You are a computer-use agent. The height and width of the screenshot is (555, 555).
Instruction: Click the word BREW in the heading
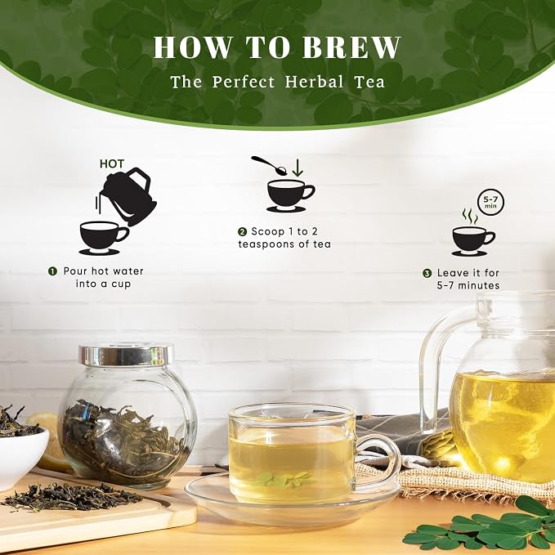(x=351, y=47)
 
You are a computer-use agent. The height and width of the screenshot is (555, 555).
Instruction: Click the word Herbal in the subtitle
(x=315, y=82)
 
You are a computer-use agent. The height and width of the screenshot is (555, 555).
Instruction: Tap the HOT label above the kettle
(x=112, y=163)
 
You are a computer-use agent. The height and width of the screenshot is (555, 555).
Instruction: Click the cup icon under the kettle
(x=103, y=237)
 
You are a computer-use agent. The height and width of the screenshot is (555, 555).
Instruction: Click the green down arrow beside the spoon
(x=298, y=168)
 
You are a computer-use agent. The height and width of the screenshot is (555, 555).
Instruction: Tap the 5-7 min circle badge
(x=490, y=204)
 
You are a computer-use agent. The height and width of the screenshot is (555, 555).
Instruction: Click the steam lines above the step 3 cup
(x=470, y=217)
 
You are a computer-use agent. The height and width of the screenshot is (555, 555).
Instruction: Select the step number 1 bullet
(x=53, y=271)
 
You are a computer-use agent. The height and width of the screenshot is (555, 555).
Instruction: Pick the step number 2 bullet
(x=242, y=232)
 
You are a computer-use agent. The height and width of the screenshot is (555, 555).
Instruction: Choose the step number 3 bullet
(x=427, y=273)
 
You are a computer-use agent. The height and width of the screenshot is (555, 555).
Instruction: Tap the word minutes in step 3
(x=478, y=285)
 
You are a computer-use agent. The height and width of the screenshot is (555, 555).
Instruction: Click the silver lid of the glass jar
(x=126, y=355)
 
